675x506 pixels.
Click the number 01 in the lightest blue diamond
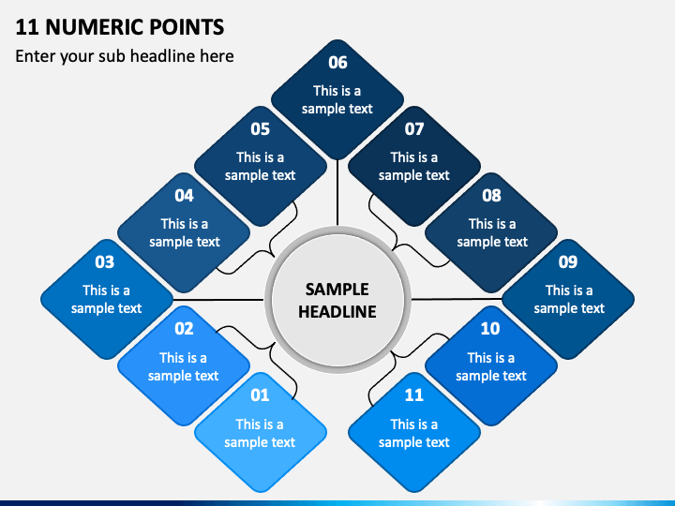[x=260, y=395]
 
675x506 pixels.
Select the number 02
[x=184, y=329]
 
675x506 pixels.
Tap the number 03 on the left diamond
[x=105, y=262]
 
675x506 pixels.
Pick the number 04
[x=184, y=196]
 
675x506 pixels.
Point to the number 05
[x=260, y=129]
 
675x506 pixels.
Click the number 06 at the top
[x=337, y=63]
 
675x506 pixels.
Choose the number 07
[x=414, y=129]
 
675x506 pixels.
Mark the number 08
[x=491, y=196]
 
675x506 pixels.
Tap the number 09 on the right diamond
[x=568, y=262]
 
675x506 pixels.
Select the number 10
[x=490, y=329]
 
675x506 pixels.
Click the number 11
[x=414, y=395]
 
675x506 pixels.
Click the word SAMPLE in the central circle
[x=337, y=290]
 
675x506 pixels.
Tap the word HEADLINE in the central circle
[x=337, y=311]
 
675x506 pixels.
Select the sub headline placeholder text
[x=125, y=56]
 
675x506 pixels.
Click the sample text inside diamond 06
[x=337, y=100]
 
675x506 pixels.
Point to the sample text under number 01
[x=260, y=433]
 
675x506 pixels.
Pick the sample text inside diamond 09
[x=569, y=300]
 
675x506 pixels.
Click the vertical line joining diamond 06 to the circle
[x=337, y=192]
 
